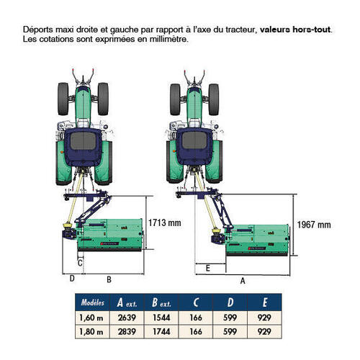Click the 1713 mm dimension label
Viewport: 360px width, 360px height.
point(164,222)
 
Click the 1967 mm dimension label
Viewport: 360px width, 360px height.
point(314,225)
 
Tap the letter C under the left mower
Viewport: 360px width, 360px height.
point(80,263)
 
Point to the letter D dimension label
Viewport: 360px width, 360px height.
point(72,279)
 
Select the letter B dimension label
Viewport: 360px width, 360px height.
point(109,279)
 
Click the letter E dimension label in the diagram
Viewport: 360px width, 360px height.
point(208,268)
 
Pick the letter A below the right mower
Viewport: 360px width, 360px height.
point(243,281)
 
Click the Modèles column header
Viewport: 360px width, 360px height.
point(92,302)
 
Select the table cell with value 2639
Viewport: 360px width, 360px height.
point(127,318)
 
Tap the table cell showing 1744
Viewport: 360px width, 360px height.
point(161,332)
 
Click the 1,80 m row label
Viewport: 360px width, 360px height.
point(91,332)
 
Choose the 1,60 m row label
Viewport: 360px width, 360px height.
point(91,318)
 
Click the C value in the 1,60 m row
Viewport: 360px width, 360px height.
point(196,318)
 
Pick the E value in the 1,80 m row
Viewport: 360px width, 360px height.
point(264,332)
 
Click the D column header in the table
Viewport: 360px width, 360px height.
point(230,302)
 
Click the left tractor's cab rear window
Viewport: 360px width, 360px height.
point(83,141)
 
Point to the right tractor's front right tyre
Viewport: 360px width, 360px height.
point(214,99)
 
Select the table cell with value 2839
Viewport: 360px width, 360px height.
point(127,332)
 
